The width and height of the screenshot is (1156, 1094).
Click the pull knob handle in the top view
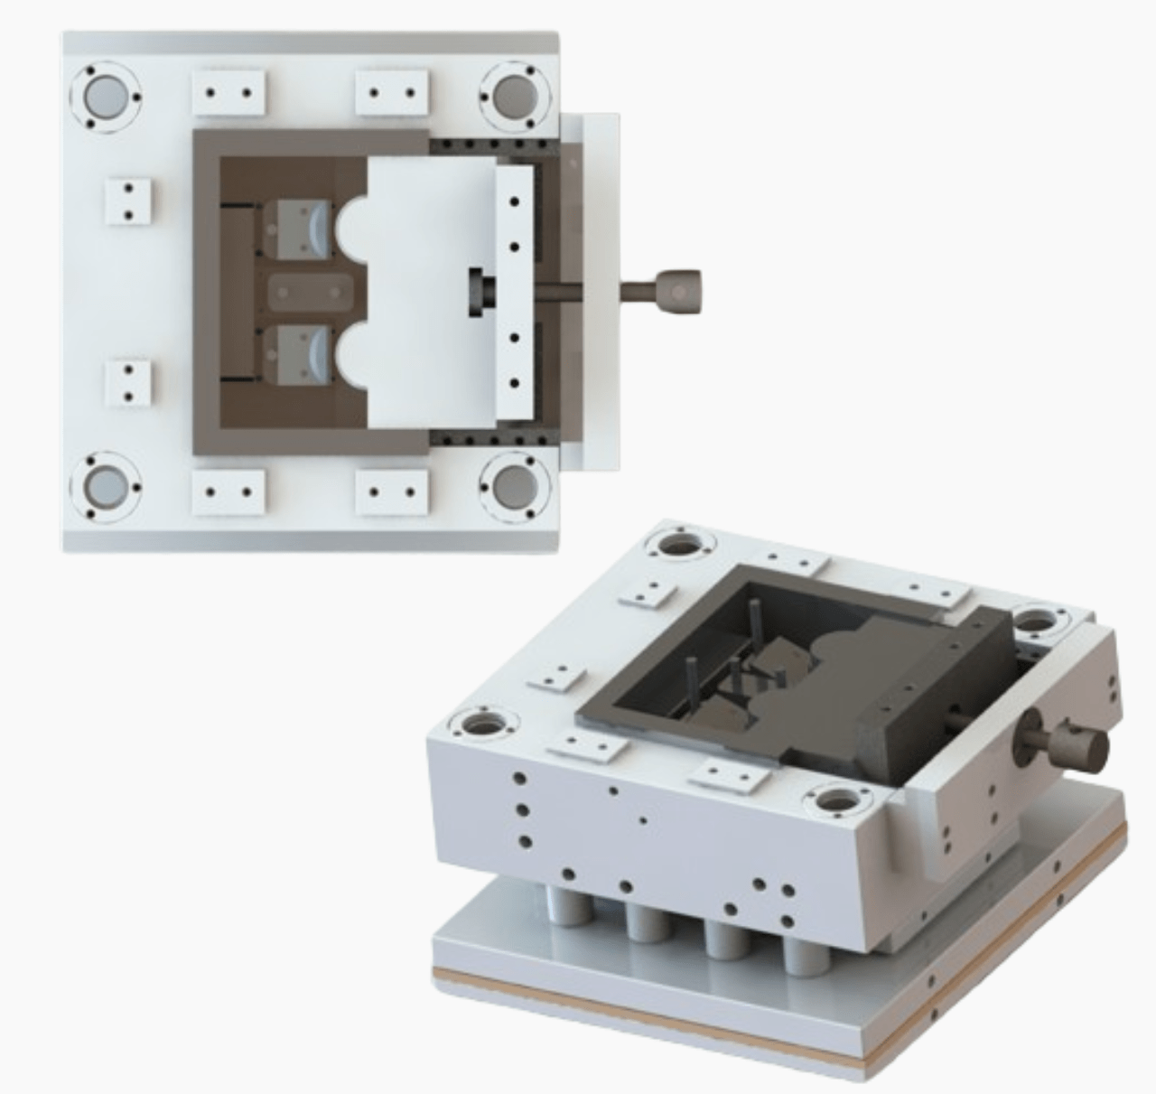(678, 289)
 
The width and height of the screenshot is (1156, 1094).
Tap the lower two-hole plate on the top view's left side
(128, 383)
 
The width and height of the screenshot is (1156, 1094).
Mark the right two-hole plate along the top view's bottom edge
(391, 493)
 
